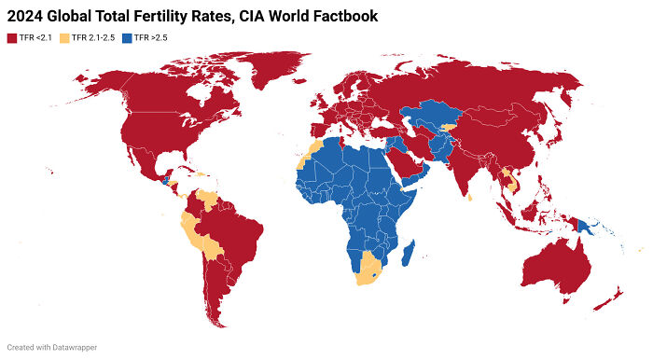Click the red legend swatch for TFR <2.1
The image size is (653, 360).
click(11, 37)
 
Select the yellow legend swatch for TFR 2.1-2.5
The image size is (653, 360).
click(65, 37)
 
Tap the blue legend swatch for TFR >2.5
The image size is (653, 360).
click(127, 37)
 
